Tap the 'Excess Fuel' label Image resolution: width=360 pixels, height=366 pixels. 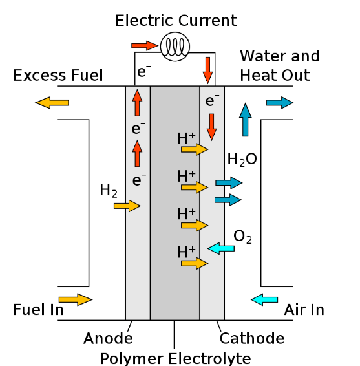(58, 76)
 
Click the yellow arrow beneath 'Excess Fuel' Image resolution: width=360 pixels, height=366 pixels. (52, 102)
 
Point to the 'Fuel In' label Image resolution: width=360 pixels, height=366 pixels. (38, 310)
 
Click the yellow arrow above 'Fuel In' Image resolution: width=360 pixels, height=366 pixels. (76, 299)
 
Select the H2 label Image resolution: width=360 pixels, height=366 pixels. (109, 190)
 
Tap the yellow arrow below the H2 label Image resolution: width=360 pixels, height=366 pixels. (127, 206)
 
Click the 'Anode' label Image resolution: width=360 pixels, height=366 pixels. (108, 338)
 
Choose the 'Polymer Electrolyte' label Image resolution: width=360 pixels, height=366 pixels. (175, 358)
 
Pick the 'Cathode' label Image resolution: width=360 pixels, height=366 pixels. (252, 338)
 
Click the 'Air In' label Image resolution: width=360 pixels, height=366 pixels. (304, 310)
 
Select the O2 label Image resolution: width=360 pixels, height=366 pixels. (242, 237)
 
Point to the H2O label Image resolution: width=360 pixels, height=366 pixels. (242, 159)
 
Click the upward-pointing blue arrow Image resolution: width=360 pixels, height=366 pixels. (245, 119)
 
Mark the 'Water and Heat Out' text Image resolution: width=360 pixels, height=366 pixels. (279, 65)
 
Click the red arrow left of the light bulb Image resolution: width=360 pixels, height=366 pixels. (144, 45)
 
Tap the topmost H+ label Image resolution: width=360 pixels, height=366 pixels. (186, 138)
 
